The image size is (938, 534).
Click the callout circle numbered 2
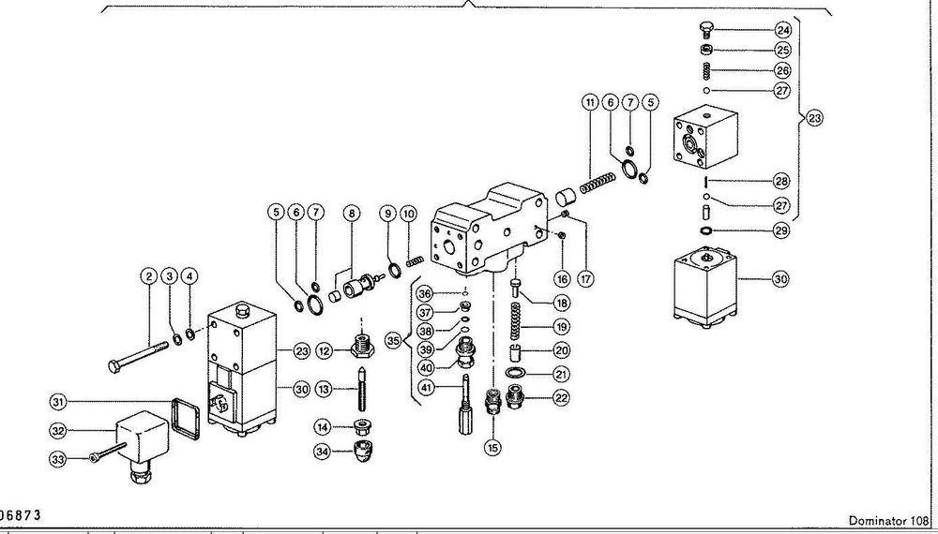[x=149, y=276]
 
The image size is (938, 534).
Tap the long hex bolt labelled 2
[x=138, y=357]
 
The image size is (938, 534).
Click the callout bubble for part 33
[x=56, y=459]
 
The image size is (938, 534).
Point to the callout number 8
[x=351, y=213]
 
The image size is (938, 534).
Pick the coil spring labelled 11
[x=598, y=183]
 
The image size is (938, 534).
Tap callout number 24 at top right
[x=782, y=30]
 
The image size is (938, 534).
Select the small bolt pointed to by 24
[x=706, y=30]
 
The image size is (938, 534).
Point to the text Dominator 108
[x=888, y=521]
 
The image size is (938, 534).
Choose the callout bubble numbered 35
[x=393, y=341]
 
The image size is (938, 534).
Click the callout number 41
[x=426, y=388]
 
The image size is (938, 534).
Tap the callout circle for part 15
[x=492, y=447]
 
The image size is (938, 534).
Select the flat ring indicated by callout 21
[x=514, y=373]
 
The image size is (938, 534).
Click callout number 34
[x=322, y=451]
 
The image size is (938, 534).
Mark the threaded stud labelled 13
[x=362, y=388]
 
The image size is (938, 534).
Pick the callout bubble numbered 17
[x=584, y=278]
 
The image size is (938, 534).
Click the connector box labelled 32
[x=142, y=441]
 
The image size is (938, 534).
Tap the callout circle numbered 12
[x=325, y=351]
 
